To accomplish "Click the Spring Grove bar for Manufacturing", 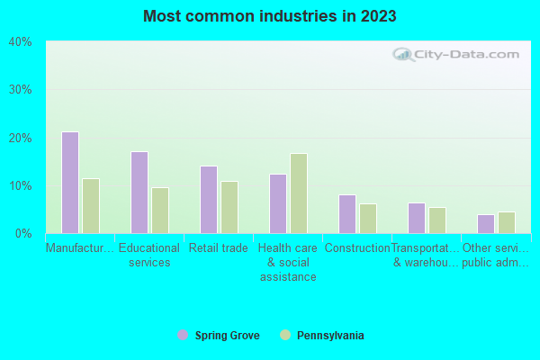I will [x=69, y=183].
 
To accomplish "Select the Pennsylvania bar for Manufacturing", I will [x=90, y=206].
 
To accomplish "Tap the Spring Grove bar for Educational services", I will [x=139, y=193].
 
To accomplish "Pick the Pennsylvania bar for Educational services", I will [x=159, y=211].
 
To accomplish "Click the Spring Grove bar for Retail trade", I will [x=208, y=200].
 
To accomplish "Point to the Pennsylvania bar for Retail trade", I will [x=229, y=208].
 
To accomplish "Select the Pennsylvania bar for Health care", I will [x=298, y=193].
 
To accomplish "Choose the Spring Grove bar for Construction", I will [x=346, y=214].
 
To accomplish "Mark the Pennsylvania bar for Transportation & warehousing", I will [x=436, y=220].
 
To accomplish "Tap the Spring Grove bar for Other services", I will [x=485, y=224].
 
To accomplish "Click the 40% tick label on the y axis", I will [x=20, y=42].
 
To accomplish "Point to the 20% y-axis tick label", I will [x=20, y=138].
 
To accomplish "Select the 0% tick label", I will [x=23, y=234].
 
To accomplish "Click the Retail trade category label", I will [x=218, y=248].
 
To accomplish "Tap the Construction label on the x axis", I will [x=357, y=248].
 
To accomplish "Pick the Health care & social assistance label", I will [x=287, y=262].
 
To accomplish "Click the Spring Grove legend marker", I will [x=183, y=336].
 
